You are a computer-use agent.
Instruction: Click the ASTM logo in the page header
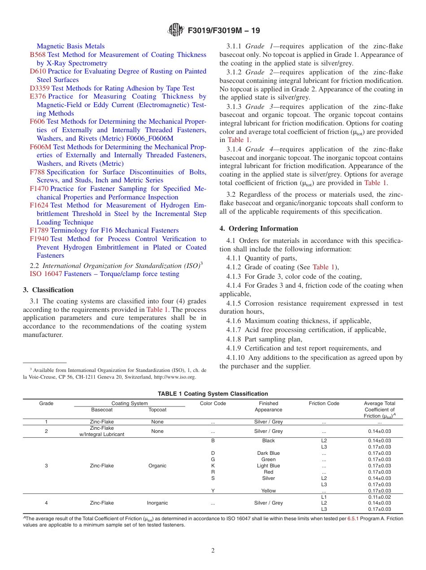coord(175,30)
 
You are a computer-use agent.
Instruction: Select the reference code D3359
coord(39,88)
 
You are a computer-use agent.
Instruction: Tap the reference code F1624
coord(39,205)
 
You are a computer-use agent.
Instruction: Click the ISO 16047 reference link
coord(46,274)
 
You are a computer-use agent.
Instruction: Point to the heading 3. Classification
coord(48,290)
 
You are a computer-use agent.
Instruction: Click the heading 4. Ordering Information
coord(259,229)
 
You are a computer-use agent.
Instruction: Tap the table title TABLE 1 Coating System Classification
coord(213,394)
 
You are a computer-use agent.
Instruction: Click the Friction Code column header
coord(324,403)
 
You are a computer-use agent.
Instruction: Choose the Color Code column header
coord(213,403)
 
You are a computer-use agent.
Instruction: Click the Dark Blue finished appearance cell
coord(268,453)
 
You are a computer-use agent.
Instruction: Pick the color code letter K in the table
coord(213,466)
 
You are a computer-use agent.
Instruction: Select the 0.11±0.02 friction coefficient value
coord(379,497)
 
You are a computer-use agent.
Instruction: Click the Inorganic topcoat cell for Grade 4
coord(157,503)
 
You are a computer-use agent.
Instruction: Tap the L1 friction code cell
coord(324,497)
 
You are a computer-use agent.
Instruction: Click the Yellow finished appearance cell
coord(268,491)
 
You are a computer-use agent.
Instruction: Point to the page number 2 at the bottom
coord(213,550)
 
